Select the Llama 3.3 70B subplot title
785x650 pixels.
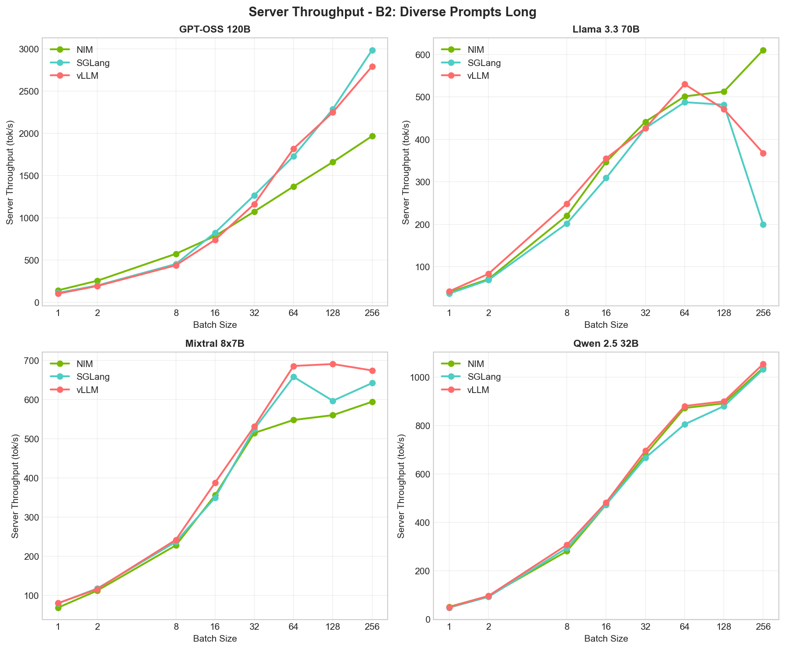pyautogui.click(x=606, y=29)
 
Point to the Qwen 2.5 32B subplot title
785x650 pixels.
pyautogui.click(x=606, y=344)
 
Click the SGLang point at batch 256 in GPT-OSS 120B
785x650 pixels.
pyautogui.click(x=372, y=50)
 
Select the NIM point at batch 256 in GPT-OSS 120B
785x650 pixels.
pyautogui.click(x=372, y=136)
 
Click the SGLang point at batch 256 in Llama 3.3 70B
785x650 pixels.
pyautogui.click(x=763, y=224)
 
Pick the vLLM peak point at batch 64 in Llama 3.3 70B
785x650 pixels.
pyautogui.click(x=685, y=84)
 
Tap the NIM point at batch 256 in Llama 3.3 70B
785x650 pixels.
pyautogui.click(x=763, y=50)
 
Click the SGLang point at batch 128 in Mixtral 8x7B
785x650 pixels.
pyautogui.click(x=333, y=401)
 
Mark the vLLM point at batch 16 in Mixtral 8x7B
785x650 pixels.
pyautogui.click(x=215, y=483)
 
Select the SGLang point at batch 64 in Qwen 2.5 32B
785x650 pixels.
pyautogui.click(x=685, y=424)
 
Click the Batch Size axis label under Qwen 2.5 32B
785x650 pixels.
pyautogui.click(x=606, y=639)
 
